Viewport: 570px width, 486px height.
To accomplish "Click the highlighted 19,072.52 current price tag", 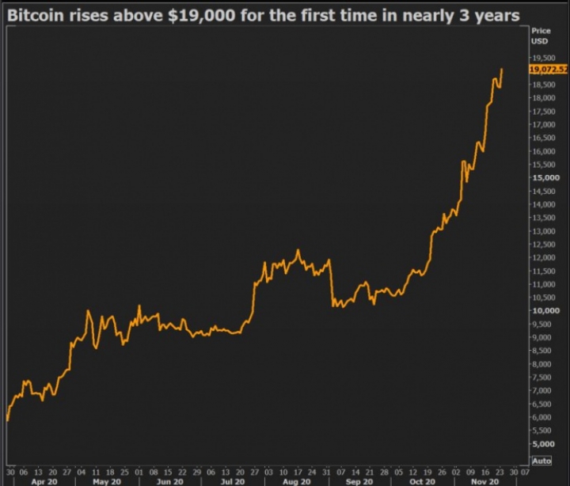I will (549, 69).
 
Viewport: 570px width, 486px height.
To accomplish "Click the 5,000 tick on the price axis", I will (542, 443).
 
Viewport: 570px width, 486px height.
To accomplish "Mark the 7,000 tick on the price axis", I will (542, 390).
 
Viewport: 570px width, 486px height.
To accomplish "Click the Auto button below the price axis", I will (541, 460).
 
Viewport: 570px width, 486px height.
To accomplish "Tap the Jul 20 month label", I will (230, 480).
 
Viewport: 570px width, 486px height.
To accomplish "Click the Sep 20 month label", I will (359, 480).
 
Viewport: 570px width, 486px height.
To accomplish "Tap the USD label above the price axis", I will (538, 40).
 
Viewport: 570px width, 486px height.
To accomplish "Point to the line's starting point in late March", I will (7, 420).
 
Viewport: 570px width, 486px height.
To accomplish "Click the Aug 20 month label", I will (294, 480).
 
